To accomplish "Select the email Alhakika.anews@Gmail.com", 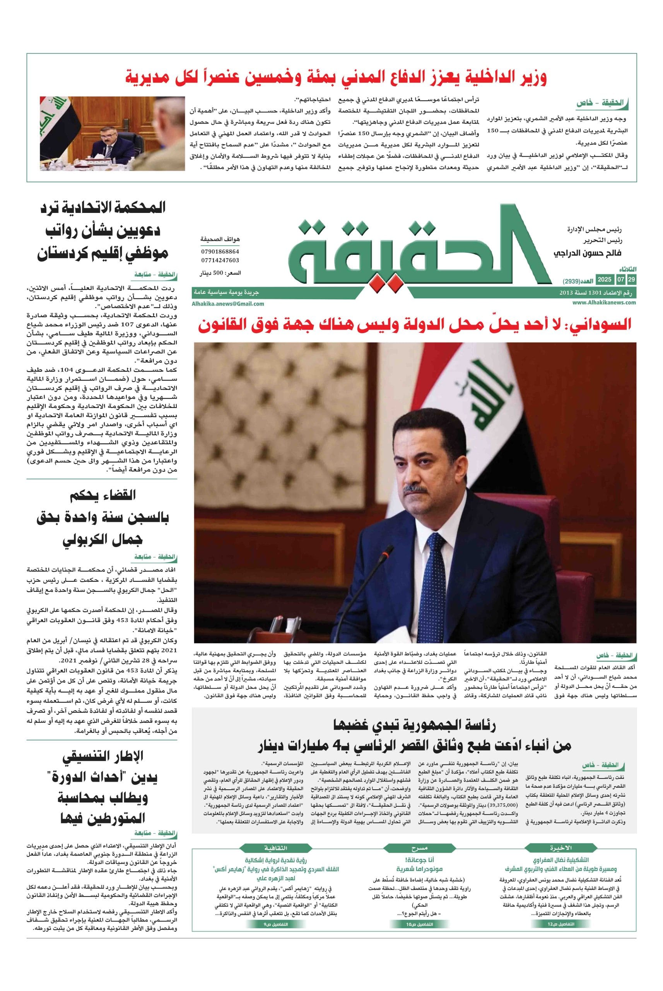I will tap(227, 303).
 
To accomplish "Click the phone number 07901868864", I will tap(220, 252).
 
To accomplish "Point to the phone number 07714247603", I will tap(220, 260).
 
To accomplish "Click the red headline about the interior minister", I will tap(336, 77).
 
